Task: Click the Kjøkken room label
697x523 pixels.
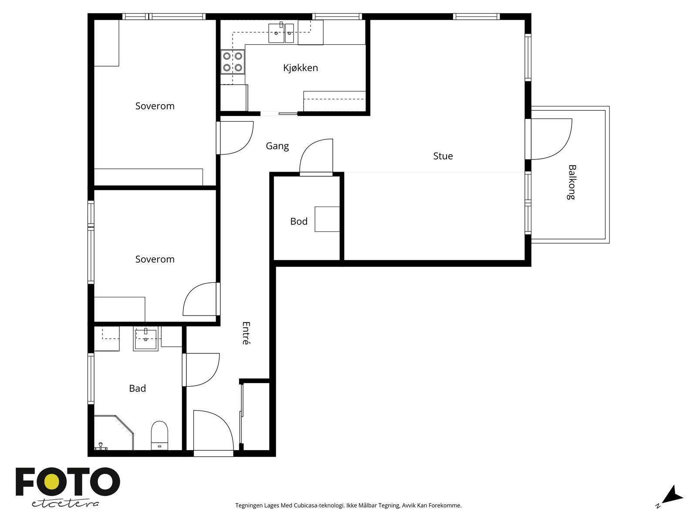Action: (x=301, y=68)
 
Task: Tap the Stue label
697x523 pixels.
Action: (x=443, y=156)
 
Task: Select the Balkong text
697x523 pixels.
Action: (x=571, y=182)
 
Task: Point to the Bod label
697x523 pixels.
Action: (x=299, y=221)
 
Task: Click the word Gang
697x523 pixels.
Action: (x=277, y=146)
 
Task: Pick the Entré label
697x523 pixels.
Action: (x=246, y=333)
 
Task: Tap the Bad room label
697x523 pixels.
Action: (x=138, y=388)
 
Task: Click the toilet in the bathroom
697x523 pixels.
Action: (x=159, y=435)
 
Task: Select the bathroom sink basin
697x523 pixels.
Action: (x=146, y=339)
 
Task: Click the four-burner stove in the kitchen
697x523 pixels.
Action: (x=233, y=61)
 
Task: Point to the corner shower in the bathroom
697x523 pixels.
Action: (x=114, y=432)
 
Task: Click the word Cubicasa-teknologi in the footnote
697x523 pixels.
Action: (x=319, y=505)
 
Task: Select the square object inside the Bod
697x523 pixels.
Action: (x=327, y=219)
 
